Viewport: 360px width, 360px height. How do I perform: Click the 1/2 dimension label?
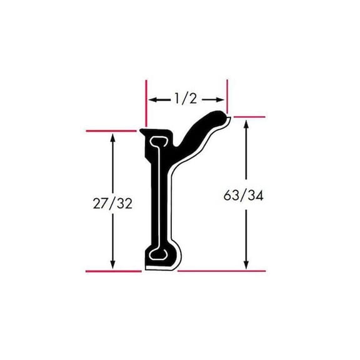[186, 98]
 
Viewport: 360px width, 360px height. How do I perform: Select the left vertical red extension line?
[146, 103]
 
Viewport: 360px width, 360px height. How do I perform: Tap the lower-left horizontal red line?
[112, 271]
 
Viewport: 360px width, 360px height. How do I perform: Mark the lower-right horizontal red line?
[222, 271]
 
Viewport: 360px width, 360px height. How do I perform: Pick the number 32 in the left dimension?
[124, 203]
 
